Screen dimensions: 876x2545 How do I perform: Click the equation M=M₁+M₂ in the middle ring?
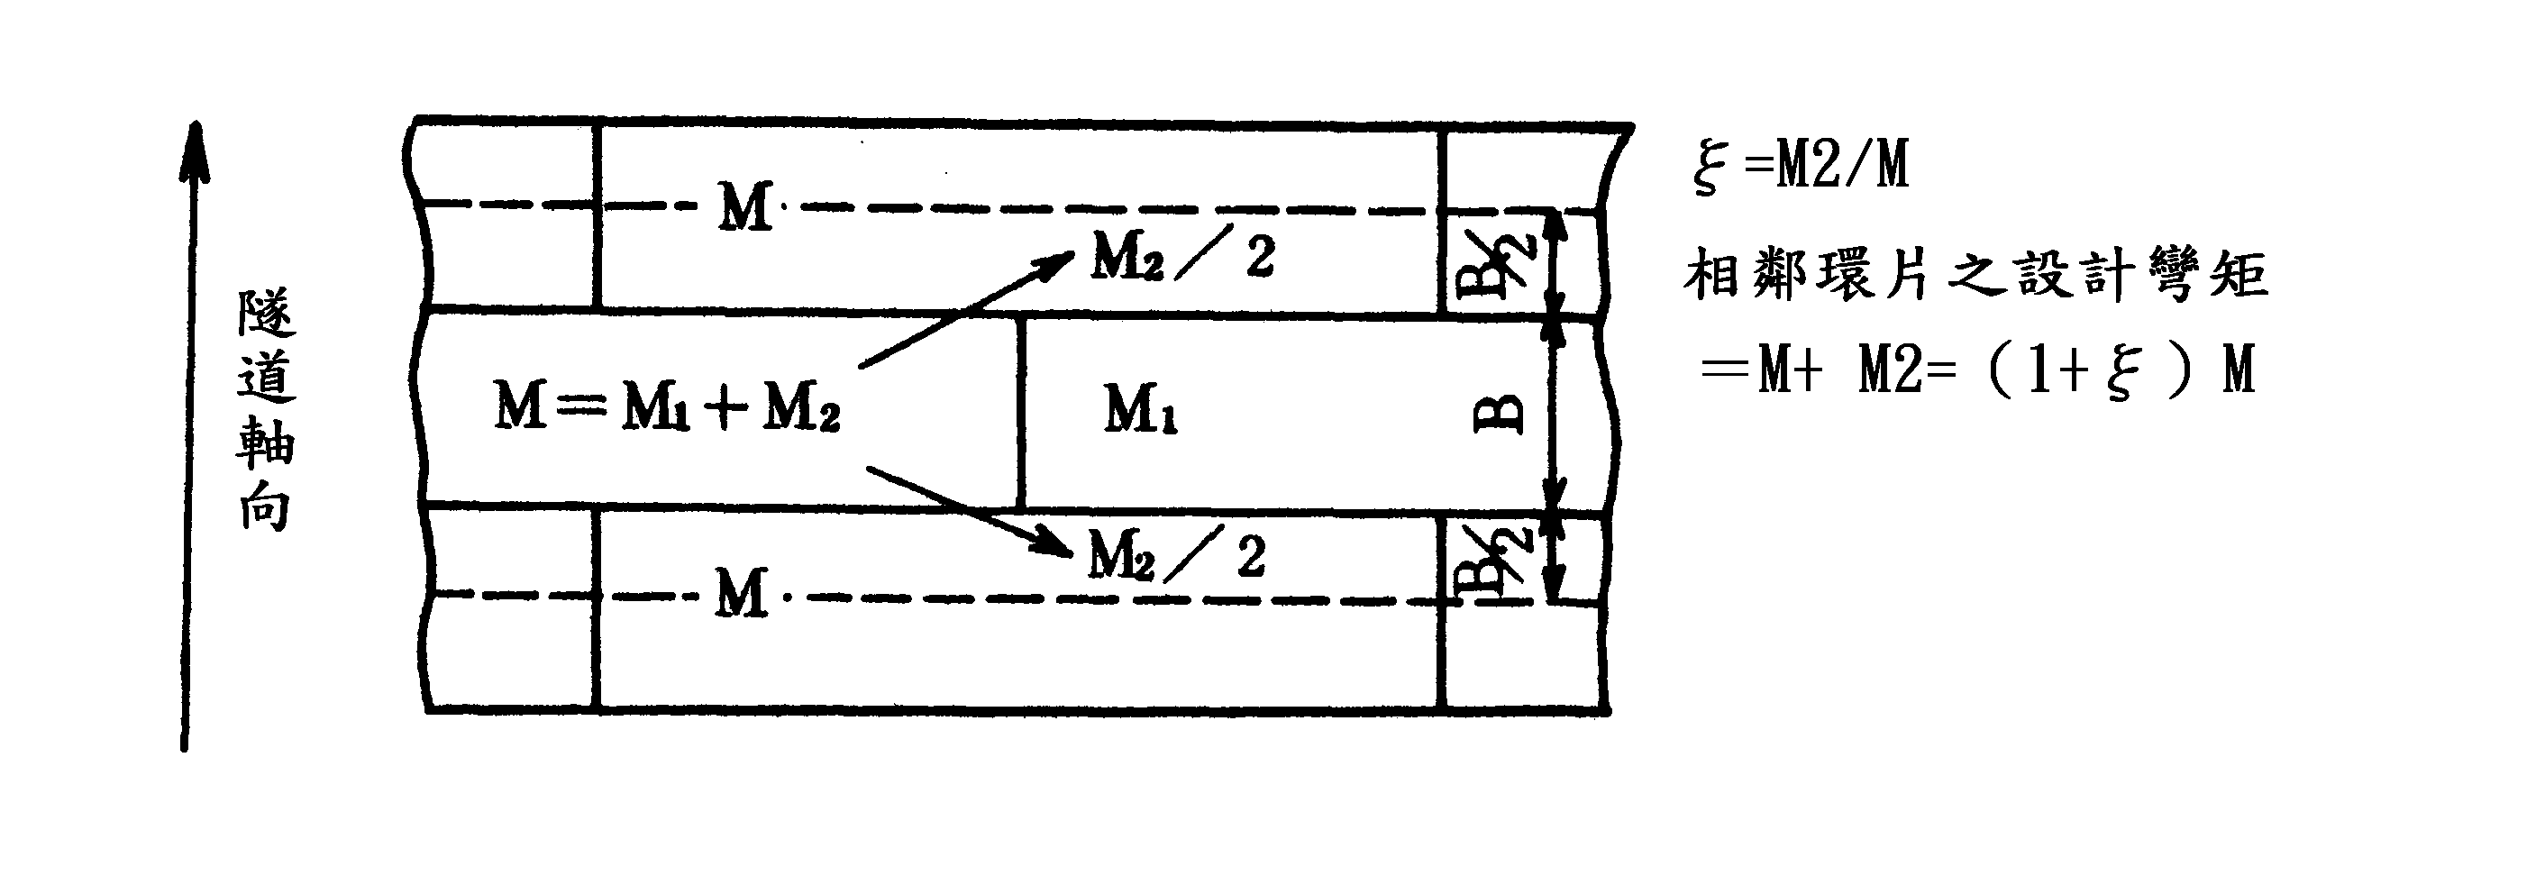click(x=667, y=406)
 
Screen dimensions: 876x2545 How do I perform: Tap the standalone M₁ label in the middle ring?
click(x=1140, y=409)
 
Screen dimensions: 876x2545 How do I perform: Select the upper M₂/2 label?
click(x=1182, y=257)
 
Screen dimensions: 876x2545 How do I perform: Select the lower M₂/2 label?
click(x=1177, y=556)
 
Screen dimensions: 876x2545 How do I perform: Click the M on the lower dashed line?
click(x=741, y=595)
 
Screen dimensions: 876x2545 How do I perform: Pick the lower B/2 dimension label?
click(x=1497, y=564)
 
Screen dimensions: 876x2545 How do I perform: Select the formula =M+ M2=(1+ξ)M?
click(x=1976, y=372)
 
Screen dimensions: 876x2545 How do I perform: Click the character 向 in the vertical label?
click(x=265, y=508)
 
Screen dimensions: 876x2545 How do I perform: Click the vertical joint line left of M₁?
click(x=1020, y=411)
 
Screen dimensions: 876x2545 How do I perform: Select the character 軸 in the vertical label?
click(x=265, y=443)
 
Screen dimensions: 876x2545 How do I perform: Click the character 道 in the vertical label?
click(x=266, y=379)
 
